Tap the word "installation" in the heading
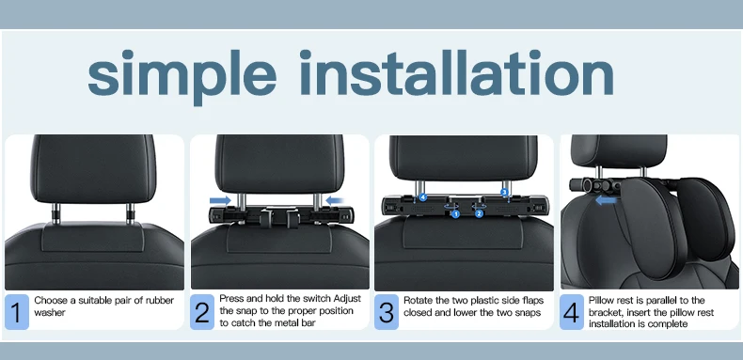tap(457, 71)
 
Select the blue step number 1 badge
tap(17, 312)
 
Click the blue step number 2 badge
tap(202, 312)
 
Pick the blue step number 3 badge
tap(387, 312)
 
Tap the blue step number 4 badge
tap(572, 312)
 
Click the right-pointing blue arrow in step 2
tap(220, 201)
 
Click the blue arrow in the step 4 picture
tap(606, 201)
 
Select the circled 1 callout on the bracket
tap(455, 214)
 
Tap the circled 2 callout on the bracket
tap(479, 214)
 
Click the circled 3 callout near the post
tap(504, 192)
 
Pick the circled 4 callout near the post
tap(423, 197)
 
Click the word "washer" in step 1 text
tap(50, 313)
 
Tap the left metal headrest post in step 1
tap(55, 213)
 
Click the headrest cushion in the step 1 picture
tap(93, 169)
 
